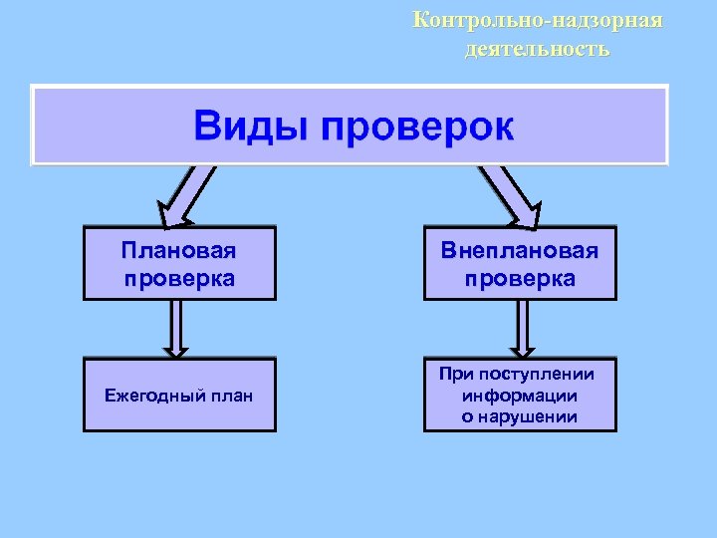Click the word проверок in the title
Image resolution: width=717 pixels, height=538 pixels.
415,128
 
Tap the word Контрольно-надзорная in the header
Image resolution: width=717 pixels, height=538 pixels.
538,20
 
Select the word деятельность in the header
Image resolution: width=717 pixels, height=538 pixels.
537,48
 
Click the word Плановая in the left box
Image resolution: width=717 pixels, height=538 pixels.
179,249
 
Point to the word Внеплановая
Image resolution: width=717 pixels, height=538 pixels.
520,250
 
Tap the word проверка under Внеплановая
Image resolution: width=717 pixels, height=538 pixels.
520,278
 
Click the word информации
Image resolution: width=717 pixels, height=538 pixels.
520,395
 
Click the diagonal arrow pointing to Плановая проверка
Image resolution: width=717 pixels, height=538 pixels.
188,192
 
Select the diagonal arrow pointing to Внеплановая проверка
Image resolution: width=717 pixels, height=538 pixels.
509,192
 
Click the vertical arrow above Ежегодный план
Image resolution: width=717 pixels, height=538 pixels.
176,329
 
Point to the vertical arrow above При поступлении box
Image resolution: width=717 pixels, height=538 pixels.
521,329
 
